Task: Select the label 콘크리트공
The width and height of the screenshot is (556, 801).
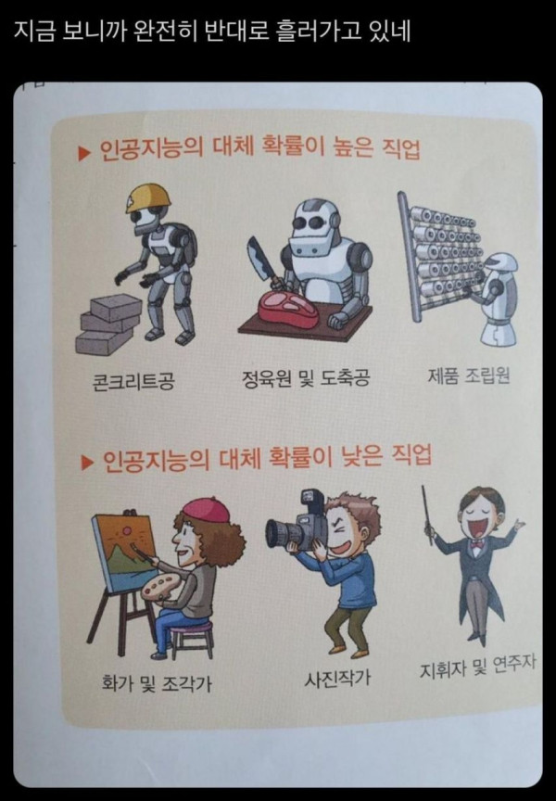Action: pos(133,380)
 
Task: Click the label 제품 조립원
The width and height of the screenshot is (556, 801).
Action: pos(469,376)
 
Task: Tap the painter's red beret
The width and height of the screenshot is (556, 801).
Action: pos(207,509)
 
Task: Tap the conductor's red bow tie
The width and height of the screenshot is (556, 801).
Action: pos(478,544)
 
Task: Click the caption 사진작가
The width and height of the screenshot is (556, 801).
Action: pos(337,679)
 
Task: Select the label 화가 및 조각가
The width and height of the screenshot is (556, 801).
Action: pos(157,682)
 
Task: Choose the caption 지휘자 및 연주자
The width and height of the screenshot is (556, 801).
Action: pos(478,667)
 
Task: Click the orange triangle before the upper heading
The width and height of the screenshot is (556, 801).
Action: pos(83,153)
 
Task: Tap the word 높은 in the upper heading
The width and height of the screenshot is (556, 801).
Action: pos(352,148)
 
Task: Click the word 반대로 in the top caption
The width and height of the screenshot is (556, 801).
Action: pos(237,32)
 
